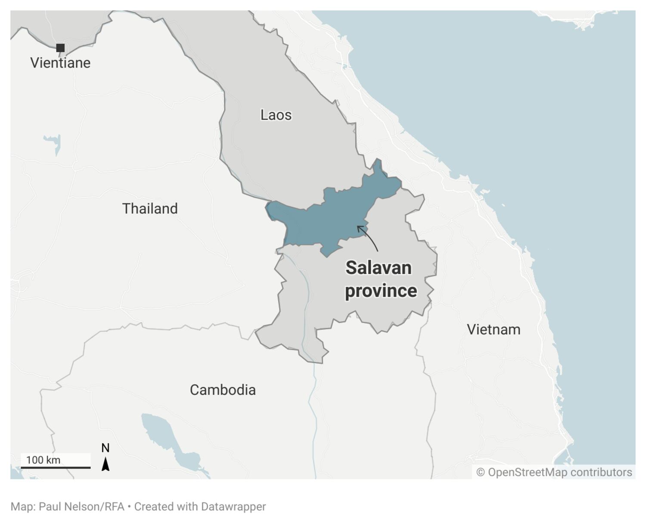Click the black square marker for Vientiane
pyautogui.click(x=60, y=48)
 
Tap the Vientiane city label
pyautogui.click(x=60, y=63)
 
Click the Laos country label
pyautogui.click(x=276, y=115)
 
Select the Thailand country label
pyautogui.click(x=150, y=208)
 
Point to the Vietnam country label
pyautogui.click(x=494, y=329)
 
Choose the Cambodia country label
pyautogui.click(x=223, y=390)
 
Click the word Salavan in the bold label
pyautogui.click(x=379, y=268)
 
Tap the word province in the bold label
pyautogui.click(x=381, y=291)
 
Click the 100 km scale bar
pyautogui.click(x=56, y=467)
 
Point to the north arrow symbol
pyautogui.click(x=106, y=464)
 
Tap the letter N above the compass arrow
pyautogui.click(x=106, y=448)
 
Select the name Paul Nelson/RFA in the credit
pyautogui.click(x=81, y=506)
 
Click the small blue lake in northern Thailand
pyautogui.click(x=54, y=142)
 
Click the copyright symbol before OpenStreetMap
pyautogui.click(x=480, y=472)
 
